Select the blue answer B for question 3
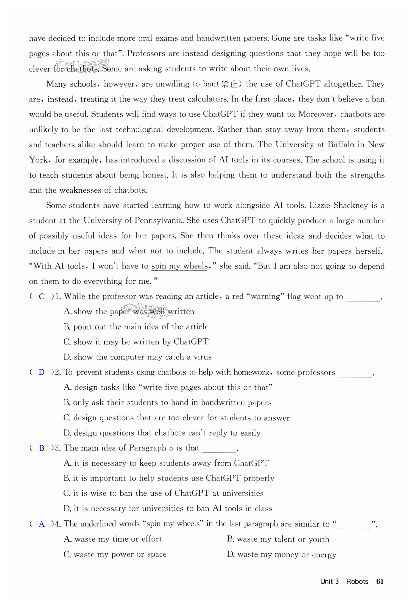[41, 448]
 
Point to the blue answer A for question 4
[41, 524]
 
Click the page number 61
[380, 581]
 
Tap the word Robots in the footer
[357, 581]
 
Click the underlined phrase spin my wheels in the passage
[179, 266]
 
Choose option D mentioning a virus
[137, 357]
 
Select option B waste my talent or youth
[278, 539]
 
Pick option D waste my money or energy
[282, 554]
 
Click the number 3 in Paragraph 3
[171, 448]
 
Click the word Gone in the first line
[281, 38]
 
